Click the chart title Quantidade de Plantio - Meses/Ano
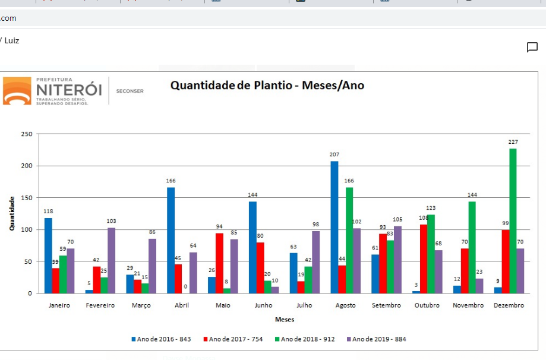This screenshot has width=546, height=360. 267,86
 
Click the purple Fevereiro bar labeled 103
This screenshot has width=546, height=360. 112,260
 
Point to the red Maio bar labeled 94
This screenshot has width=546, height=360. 219,263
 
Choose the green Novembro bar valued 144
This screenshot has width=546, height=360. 472,247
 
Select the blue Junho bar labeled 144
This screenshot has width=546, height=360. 253,247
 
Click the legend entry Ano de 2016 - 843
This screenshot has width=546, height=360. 161,339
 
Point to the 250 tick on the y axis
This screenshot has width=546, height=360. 26,134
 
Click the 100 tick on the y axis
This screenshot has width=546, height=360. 26,230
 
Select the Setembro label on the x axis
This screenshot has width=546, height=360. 386,305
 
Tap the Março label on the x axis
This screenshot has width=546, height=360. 141,305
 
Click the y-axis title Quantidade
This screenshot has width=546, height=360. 12,214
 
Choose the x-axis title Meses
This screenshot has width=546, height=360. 284,320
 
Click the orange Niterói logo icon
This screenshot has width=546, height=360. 17,91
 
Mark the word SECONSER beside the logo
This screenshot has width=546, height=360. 130,91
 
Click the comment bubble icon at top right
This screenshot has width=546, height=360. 532,48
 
